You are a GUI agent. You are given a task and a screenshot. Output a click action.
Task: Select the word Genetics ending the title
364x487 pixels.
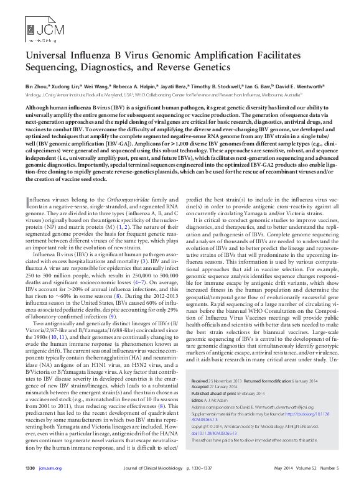(205, 67)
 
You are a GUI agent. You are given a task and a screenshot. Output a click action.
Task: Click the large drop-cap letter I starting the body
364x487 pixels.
(27, 202)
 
